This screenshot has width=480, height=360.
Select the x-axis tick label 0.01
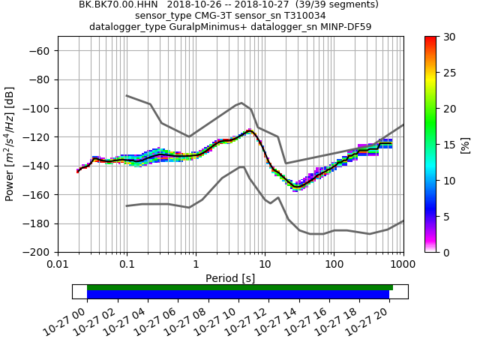pos(58,265)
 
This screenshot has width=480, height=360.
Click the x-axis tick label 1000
pos(403,265)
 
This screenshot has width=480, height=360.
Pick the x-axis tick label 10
pos(265,265)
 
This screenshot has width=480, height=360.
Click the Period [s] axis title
pos(230,278)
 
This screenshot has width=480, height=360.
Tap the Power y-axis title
pos(10,144)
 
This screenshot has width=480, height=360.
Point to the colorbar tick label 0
pos(444,253)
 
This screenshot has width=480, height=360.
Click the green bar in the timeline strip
pos(240,287)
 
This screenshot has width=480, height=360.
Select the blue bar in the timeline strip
pos(238,295)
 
